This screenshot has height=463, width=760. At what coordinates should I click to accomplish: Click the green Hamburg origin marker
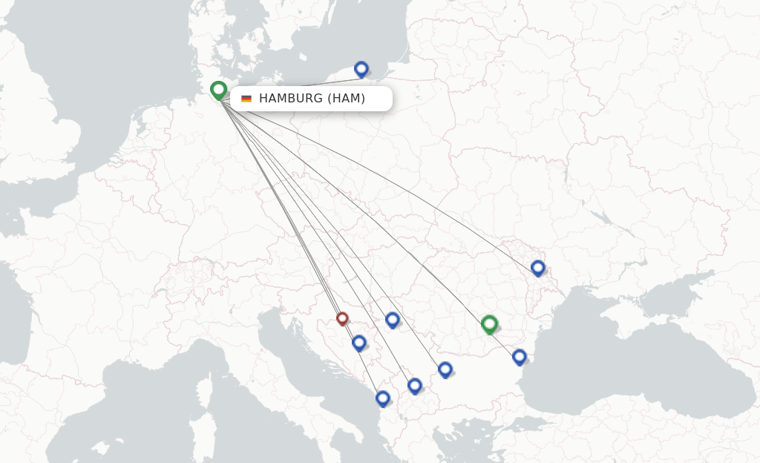[218, 90]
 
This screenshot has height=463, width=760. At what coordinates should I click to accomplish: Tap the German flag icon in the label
[246, 99]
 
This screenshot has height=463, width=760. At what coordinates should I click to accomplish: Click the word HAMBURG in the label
[291, 99]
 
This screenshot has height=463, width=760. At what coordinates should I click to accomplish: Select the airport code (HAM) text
[347, 99]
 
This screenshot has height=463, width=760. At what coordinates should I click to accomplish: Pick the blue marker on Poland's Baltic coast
[361, 69]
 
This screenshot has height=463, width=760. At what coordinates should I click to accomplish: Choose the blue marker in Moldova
[538, 268]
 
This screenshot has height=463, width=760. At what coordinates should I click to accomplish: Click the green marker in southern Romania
[489, 324]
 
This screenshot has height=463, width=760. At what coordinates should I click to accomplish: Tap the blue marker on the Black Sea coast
[520, 357]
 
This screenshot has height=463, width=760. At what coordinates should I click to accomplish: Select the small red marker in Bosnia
[342, 318]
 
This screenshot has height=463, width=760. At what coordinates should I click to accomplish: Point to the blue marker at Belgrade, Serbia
[393, 320]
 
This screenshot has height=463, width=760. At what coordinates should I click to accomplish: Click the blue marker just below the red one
[359, 343]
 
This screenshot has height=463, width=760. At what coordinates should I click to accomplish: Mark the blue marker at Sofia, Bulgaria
[445, 370]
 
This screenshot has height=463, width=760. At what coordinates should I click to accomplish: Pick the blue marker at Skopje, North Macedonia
[415, 386]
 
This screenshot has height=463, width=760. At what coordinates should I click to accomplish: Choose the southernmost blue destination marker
[383, 398]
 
